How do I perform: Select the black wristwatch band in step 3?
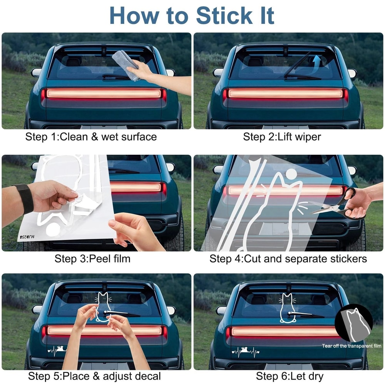(x=24, y=199)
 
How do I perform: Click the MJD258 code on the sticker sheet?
(x=27, y=237)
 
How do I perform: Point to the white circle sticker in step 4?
(x=291, y=174)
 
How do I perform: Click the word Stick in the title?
(x=224, y=16)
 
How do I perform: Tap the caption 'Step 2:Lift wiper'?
(x=282, y=137)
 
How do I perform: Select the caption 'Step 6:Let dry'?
(x=290, y=376)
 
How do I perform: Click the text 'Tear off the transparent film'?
(x=352, y=346)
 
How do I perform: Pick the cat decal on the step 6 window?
(x=288, y=307)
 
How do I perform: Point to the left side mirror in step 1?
(x=36, y=72)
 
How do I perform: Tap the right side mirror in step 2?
(x=352, y=73)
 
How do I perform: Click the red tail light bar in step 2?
(x=285, y=94)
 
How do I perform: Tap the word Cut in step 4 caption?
(x=253, y=259)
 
